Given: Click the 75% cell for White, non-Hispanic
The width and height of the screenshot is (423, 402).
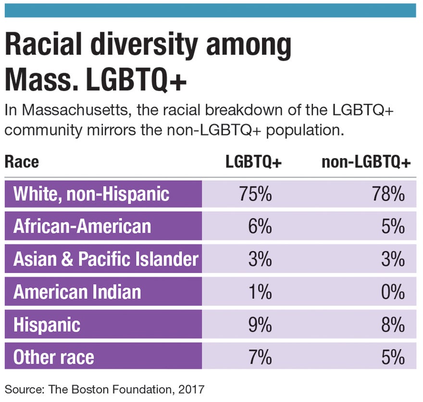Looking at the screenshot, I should click(255, 194).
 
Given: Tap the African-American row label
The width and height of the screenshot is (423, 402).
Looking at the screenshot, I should click(82, 226).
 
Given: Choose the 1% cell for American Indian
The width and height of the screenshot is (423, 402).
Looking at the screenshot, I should click(261, 292).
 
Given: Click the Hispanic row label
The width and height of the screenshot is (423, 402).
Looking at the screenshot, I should click(47, 325).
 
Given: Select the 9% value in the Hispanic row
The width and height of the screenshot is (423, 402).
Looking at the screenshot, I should click(261, 325).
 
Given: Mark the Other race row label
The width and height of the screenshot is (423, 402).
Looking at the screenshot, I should click(54, 357).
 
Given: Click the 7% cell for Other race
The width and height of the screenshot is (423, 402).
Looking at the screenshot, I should click(261, 357).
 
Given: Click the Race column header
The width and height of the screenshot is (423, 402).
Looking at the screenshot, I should click(22, 162).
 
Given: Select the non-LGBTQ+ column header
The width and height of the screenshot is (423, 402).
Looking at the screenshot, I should click(366, 162).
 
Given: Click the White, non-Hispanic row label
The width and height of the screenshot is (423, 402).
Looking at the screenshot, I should click(91, 194).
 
